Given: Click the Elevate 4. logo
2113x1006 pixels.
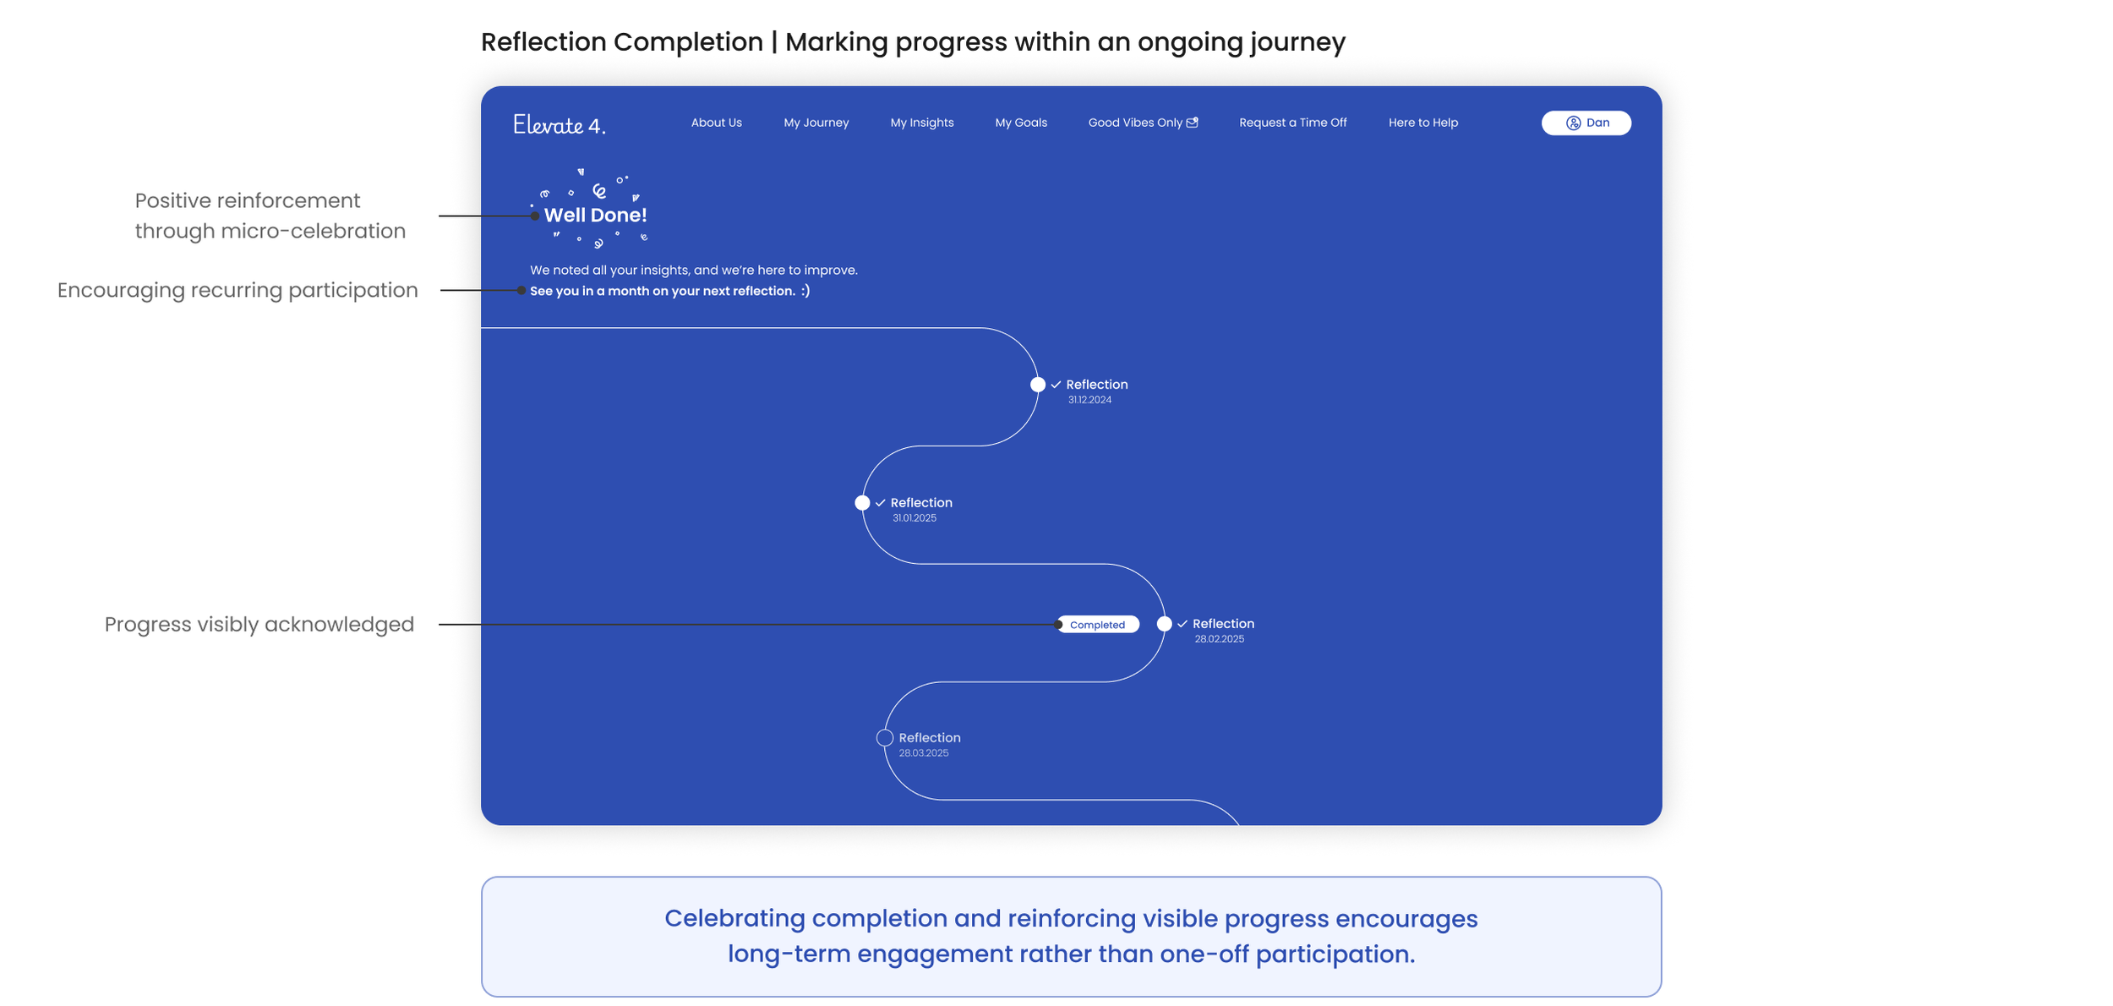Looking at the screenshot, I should (559, 125).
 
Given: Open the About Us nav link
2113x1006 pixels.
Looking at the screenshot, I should (716, 123).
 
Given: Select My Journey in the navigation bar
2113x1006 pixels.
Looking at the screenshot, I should (816, 123).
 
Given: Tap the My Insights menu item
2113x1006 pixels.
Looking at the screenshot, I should (921, 123).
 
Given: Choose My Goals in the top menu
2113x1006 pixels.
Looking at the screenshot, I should (1020, 123).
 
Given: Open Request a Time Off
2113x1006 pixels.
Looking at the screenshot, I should (1292, 123).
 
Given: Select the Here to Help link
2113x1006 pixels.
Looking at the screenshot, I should (1422, 123).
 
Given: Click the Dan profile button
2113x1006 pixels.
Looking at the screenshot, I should (1586, 123).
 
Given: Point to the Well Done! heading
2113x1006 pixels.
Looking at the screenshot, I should (595, 215).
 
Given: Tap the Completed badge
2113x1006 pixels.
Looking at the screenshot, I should (1097, 625).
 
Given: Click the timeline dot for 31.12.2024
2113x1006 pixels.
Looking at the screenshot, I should (1037, 385).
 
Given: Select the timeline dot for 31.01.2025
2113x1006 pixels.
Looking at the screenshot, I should (861, 503).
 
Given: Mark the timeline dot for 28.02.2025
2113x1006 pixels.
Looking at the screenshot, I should (1164, 624).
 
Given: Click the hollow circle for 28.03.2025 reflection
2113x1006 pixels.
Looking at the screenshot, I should (884, 738).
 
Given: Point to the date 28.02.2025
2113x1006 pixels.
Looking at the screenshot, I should (1219, 639).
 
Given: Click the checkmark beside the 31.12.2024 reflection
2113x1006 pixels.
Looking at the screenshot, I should (1056, 385).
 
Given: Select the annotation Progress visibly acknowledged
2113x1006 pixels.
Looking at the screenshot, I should (259, 624).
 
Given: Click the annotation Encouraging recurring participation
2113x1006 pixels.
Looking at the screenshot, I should (238, 290).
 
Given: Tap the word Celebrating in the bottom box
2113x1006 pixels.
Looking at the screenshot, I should (734, 918).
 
